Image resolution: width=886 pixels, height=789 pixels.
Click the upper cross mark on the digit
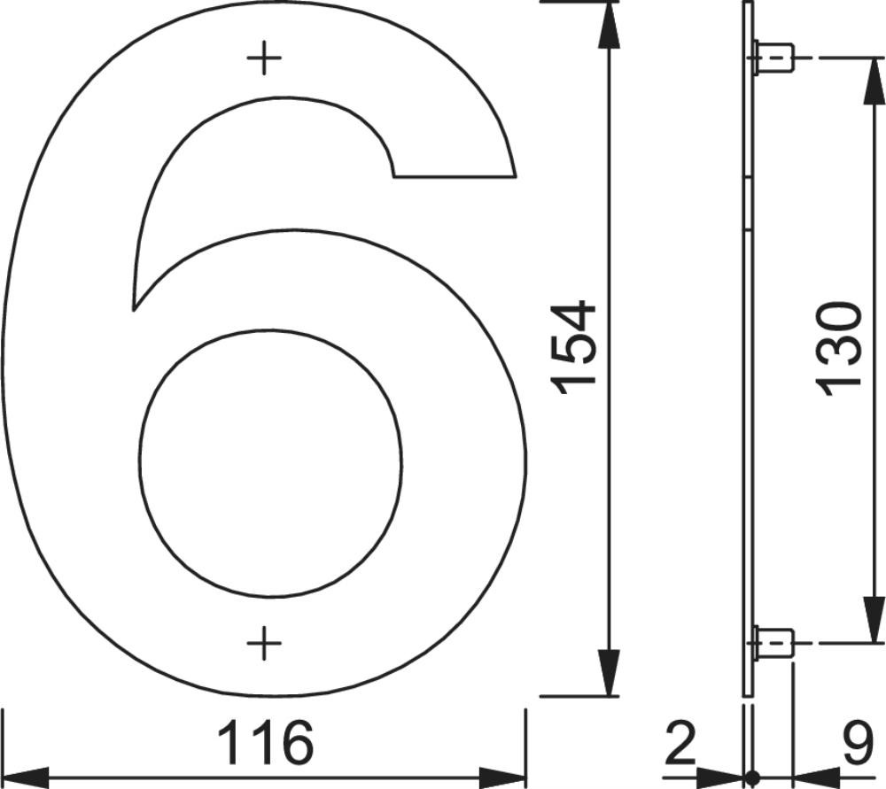[x=264, y=58]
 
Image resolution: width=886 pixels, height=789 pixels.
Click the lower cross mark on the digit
[x=264, y=643]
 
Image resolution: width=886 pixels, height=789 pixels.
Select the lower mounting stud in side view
[x=773, y=643]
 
